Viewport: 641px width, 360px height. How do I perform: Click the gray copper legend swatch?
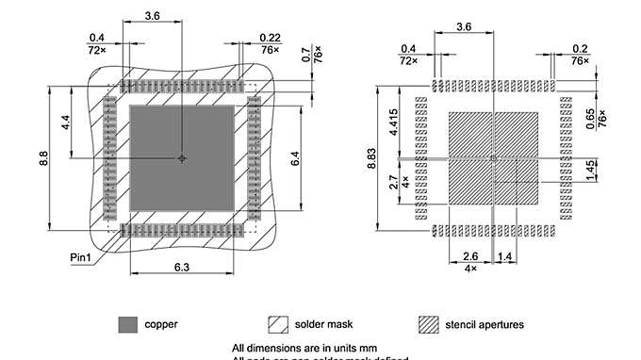[x=128, y=324]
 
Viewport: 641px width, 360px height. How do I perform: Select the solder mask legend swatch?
[x=278, y=324]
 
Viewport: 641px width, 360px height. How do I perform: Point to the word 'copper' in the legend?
[x=161, y=324]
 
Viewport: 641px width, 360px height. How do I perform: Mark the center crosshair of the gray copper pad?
[x=182, y=158]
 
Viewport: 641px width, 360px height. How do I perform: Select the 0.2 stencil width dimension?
[x=578, y=48]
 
